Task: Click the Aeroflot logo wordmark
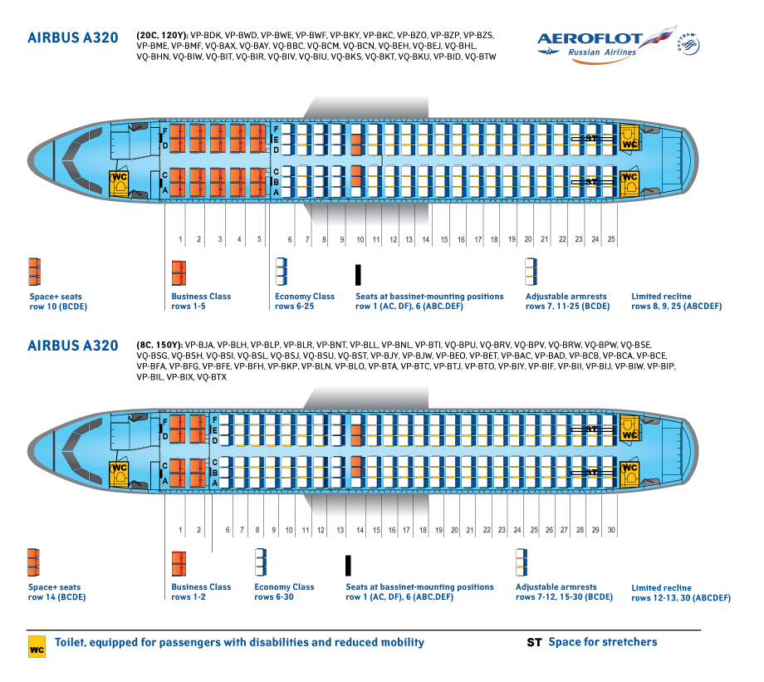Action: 590,39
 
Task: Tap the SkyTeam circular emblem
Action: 688,44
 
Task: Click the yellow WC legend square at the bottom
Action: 37,647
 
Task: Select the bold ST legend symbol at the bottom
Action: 534,642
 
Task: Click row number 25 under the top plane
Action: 611,239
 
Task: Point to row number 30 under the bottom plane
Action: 611,530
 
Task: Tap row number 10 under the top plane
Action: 360,239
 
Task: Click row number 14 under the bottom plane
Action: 360,530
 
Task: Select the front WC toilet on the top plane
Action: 119,184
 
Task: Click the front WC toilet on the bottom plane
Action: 119,474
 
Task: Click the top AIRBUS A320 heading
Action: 73,38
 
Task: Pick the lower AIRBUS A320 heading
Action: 73,346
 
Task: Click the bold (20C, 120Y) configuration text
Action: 162,36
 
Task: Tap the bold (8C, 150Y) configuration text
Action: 159,345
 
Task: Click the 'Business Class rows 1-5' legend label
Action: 201,302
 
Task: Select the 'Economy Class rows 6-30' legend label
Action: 284,591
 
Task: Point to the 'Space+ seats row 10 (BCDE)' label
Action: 58,302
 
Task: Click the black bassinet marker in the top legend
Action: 358,275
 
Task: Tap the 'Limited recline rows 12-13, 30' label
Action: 681,593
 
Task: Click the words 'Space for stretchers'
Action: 603,642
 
